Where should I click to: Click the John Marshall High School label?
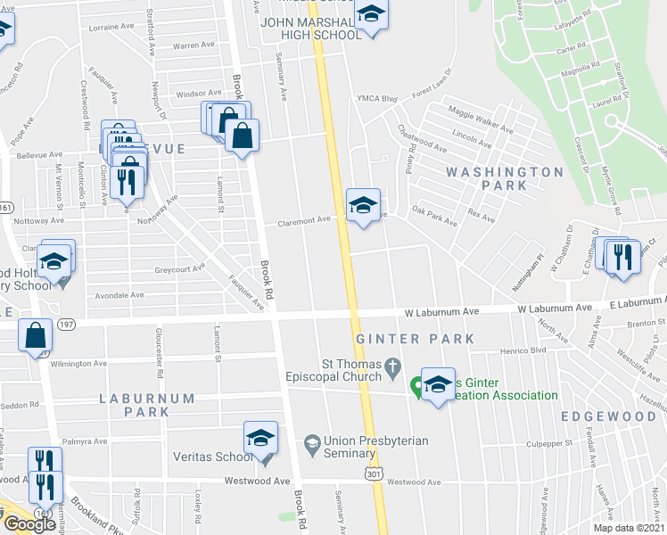310,29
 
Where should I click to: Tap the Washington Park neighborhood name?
505,178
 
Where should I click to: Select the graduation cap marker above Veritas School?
260,438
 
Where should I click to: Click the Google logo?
29,524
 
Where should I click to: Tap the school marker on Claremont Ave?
362,205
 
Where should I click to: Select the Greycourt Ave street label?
179,267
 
